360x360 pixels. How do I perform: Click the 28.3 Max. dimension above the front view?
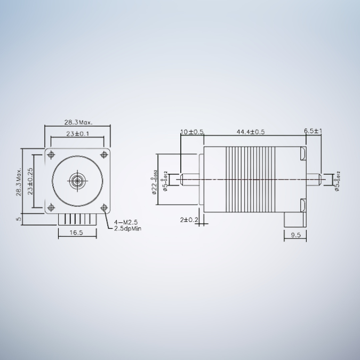tap(77, 122)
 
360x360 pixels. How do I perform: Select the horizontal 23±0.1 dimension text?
tap(78, 134)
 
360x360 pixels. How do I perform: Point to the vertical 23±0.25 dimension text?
tap(30, 181)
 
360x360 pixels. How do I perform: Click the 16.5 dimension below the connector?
tap(77, 233)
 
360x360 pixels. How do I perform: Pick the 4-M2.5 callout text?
tap(126, 222)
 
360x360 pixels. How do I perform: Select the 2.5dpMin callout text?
tap(128, 228)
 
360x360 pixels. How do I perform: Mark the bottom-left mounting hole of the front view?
tap(51, 207)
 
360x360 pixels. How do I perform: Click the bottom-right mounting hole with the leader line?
tap(103, 207)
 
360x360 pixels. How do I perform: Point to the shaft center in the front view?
tap(77, 181)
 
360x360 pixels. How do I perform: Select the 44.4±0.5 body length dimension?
tap(251, 131)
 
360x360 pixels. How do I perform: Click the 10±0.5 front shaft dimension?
tap(192, 131)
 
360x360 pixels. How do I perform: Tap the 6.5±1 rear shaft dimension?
tap(313, 131)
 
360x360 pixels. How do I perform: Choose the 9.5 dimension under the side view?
tap(295, 234)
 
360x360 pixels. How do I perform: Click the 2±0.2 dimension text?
tap(189, 219)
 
